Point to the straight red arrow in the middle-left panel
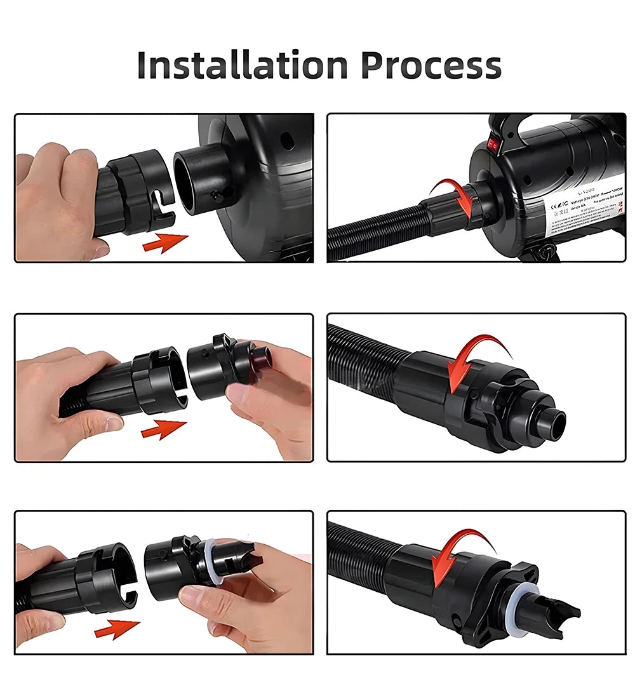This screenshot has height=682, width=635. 163,430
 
